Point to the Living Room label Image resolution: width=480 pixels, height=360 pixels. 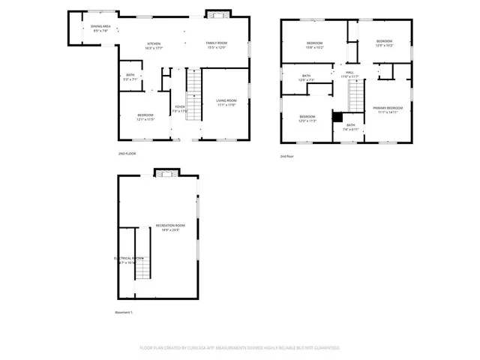click(x=226, y=103)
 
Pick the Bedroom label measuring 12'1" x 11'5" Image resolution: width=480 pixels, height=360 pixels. click(x=145, y=116)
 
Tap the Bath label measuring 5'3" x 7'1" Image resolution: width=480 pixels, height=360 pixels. click(x=130, y=76)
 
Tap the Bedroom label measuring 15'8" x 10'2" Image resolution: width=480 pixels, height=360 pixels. click(x=314, y=46)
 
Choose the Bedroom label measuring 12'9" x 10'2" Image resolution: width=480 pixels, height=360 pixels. click(x=384, y=43)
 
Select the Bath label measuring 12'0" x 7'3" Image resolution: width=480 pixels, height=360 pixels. click(x=306, y=77)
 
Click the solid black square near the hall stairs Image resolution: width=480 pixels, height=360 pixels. click(x=337, y=117)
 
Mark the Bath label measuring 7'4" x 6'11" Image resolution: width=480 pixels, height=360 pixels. click(x=351, y=127)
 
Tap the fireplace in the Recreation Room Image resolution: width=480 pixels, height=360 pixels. click(x=166, y=173)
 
